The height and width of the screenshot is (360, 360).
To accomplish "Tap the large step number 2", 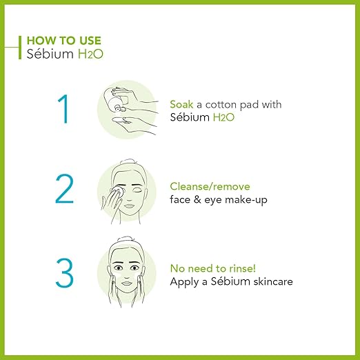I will click(x=64, y=188).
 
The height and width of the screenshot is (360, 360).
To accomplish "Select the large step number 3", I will click(x=64, y=272).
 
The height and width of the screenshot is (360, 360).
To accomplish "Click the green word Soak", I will click(x=182, y=104).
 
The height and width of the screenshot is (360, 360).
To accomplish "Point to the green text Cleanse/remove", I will click(x=210, y=187).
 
